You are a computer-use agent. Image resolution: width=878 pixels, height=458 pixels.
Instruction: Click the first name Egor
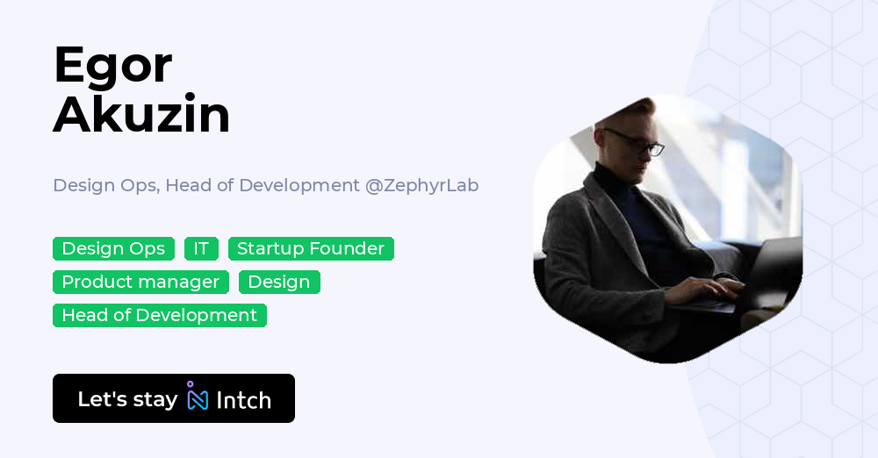112,66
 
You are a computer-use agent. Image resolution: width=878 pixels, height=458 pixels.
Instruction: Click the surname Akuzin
141,115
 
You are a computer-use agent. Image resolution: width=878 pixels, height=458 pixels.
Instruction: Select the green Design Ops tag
113,249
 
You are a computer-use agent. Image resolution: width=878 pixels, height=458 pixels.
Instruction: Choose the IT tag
201,249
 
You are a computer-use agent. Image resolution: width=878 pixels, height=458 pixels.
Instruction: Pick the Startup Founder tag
311,249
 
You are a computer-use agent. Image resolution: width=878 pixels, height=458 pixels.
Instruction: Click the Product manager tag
140,283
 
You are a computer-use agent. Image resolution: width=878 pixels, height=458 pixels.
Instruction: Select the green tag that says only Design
279,283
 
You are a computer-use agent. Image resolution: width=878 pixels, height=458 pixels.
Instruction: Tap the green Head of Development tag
159,316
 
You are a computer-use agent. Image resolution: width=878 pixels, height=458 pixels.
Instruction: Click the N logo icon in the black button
198,398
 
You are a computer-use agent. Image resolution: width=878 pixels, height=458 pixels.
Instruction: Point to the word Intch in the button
243,400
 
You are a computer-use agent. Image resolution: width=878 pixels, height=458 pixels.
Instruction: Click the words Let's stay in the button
127,399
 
